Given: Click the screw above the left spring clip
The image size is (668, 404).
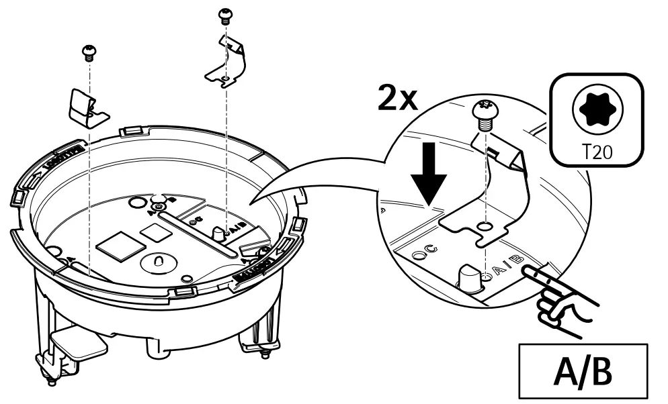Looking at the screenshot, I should [x=88, y=50].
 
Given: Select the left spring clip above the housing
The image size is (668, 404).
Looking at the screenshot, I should [x=87, y=107].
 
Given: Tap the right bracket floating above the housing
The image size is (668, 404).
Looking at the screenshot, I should [x=225, y=64].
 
